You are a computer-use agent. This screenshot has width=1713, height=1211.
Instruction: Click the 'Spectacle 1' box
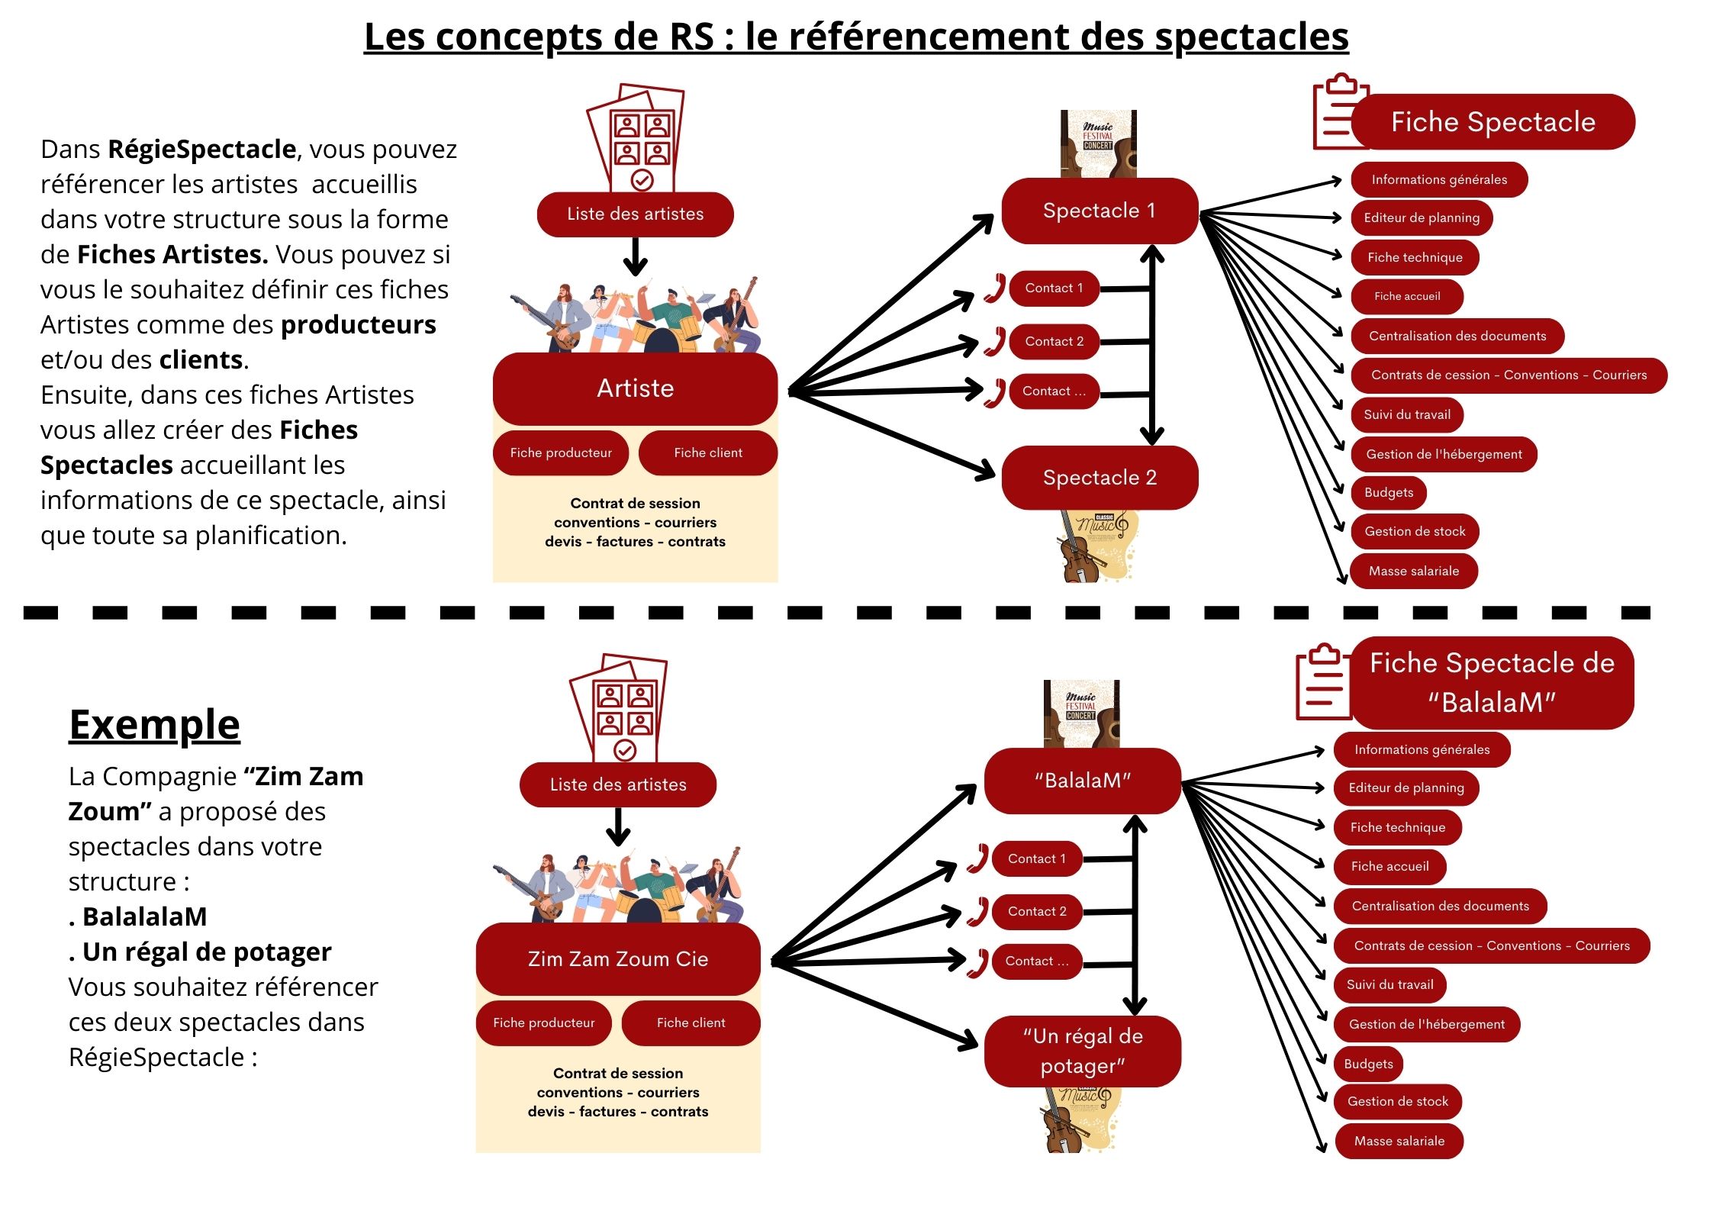point(1099,211)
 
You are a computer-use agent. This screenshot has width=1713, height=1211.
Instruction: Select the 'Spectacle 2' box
point(1099,478)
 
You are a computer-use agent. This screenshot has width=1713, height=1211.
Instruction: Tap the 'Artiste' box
point(635,388)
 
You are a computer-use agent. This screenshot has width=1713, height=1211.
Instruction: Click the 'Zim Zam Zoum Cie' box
point(618,958)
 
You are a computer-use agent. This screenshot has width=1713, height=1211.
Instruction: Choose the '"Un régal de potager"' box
point(1082,1051)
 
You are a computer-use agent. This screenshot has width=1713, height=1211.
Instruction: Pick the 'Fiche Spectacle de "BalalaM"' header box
point(1492,682)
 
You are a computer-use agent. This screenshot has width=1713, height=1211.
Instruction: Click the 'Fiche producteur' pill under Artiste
point(561,453)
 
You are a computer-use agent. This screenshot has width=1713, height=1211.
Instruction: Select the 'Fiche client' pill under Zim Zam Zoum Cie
point(691,1023)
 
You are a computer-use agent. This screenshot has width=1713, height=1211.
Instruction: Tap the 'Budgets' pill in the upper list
point(1388,492)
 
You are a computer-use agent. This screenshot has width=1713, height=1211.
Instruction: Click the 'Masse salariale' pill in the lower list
point(1399,1141)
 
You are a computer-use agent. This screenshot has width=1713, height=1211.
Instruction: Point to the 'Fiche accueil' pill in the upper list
point(1406,296)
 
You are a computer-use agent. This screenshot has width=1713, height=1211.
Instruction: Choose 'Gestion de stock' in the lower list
point(1397,1101)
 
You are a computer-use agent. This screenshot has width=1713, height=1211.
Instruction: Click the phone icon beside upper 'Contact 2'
point(993,341)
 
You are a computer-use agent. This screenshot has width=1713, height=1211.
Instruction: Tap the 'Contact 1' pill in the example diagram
point(1036,858)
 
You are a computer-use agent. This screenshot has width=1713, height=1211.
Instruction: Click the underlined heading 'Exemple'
point(154,724)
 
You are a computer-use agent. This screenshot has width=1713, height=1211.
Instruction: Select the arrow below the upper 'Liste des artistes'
point(635,257)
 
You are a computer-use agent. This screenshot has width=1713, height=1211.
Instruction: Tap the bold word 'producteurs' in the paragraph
point(358,324)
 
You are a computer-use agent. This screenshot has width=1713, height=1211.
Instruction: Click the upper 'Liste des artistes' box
point(635,214)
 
